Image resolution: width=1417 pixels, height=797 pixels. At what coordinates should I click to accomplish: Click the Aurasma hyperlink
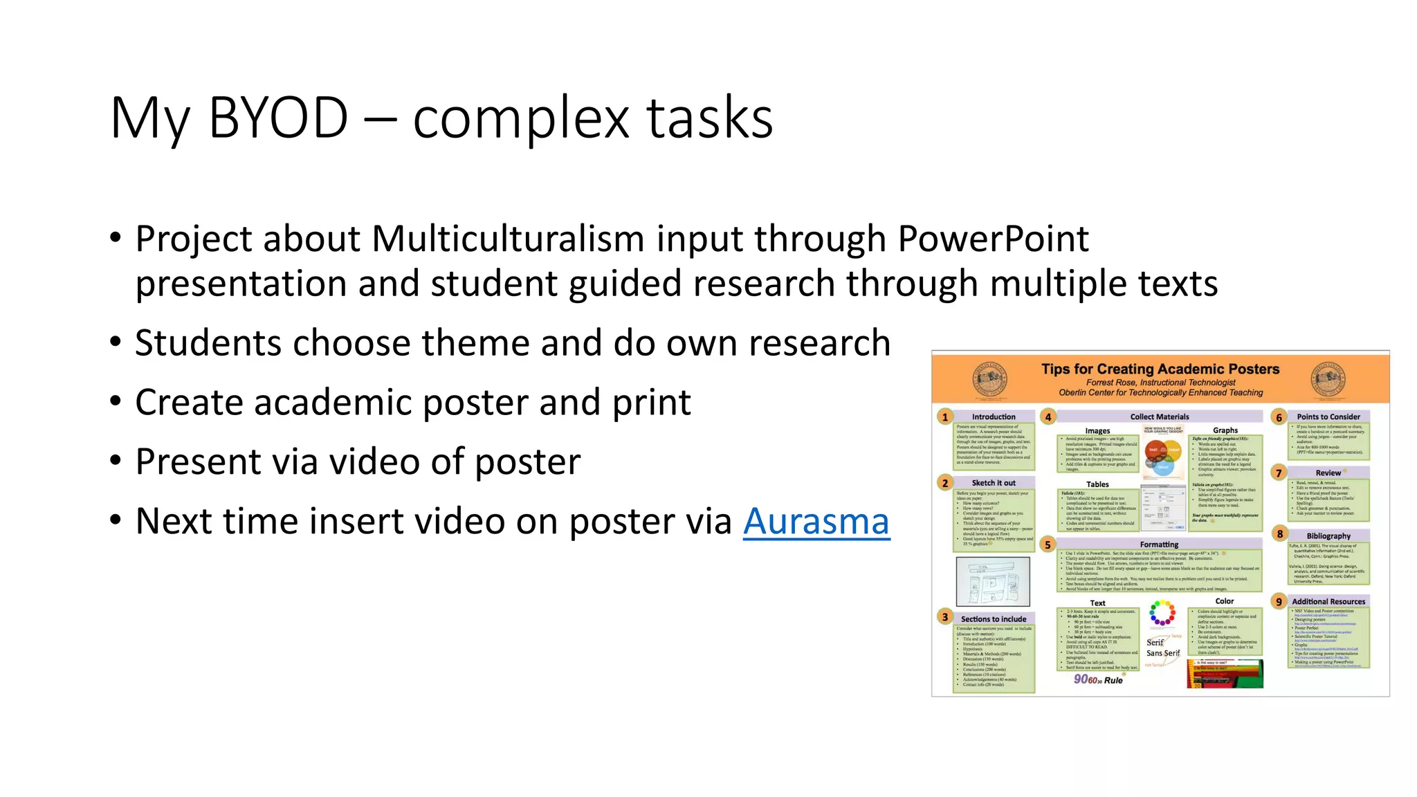point(816,522)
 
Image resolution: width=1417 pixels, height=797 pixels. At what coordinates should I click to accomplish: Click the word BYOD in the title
point(278,118)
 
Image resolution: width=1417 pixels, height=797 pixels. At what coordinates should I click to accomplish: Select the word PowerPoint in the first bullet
point(993,239)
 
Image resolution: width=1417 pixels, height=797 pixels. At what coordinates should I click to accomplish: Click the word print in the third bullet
point(651,403)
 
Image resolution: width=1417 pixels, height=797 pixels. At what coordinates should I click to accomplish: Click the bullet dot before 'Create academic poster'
point(116,401)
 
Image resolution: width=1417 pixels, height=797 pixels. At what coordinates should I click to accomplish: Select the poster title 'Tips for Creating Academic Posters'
point(1160,369)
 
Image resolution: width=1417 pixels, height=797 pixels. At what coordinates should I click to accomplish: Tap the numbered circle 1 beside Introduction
point(945,417)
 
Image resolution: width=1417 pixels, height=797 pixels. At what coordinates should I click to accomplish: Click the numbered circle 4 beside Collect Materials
point(1048,416)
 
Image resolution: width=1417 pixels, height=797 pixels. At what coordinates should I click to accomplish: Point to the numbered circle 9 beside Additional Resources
point(1279,602)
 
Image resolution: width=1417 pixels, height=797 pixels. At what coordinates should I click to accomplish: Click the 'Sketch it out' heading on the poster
point(994,483)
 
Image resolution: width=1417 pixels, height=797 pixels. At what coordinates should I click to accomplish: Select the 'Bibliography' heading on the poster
point(1328,536)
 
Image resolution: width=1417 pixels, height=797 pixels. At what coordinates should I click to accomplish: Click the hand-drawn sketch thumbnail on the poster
point(993,582)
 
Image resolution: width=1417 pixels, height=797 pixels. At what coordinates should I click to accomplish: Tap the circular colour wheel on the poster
point(1162,613)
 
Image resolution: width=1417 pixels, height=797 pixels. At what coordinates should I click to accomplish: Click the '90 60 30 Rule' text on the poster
point(1098,680)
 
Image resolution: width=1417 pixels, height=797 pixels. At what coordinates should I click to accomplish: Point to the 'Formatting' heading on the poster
point(1159,545)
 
